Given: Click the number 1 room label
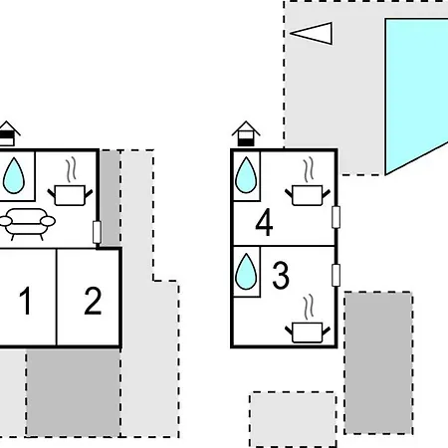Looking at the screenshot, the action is click(x=26, y=301).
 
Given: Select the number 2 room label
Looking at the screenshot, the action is click(x=93, y=301).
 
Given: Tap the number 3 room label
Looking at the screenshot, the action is click(x=281, y=275).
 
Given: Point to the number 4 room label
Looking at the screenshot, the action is click(x=264, y=222).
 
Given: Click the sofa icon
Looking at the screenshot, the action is click(x=27, y=224).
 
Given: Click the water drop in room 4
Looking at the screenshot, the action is click(x=246, y=175).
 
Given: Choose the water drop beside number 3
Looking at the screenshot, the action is click(x=246, y=272).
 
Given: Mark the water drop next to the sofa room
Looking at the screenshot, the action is click(x=14, y=175).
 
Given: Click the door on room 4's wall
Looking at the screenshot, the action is click(x=336, y=217).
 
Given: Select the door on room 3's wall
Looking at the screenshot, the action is click(x=336, y=275).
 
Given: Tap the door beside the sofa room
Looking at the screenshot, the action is click(x=97, y=232).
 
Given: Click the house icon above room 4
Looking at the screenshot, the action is click(x=246, y=133).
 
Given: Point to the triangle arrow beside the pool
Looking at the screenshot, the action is click(x=312, y=33).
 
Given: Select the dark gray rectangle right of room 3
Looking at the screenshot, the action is click(x=378, y=362).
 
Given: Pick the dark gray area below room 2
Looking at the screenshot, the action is click(x=73, y=392).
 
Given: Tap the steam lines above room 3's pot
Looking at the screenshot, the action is click(x=309, y=308).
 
